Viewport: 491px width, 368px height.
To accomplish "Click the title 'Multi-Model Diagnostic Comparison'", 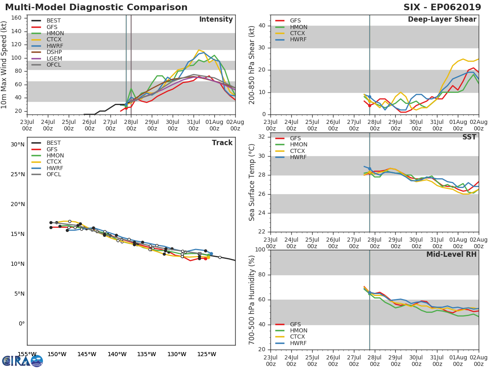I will tap(96, 7).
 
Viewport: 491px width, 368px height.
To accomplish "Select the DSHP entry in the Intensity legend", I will tap(54, 52).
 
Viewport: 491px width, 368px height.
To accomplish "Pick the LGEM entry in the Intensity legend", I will tap(54, 58).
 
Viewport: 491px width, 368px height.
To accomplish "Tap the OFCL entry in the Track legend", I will tap(54, 175).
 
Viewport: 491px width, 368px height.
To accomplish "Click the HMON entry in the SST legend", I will tap(298, 145).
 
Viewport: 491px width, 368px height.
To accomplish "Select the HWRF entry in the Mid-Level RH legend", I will tap(298, 343).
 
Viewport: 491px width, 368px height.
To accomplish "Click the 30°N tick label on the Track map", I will tap(18, 144).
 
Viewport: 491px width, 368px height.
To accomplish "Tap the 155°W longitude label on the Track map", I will tap(27, 354).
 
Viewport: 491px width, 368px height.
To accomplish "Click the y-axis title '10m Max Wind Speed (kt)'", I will tap(5, 65).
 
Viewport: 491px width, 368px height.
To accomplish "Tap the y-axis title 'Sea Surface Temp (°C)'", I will tap(252, 182).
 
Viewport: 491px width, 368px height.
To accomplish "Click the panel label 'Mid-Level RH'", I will tap(451, 255).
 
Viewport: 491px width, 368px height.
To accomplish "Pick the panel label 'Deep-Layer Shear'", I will tap(442, 20).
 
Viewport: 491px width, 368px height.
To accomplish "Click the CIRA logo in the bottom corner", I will tap(23, 361).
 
